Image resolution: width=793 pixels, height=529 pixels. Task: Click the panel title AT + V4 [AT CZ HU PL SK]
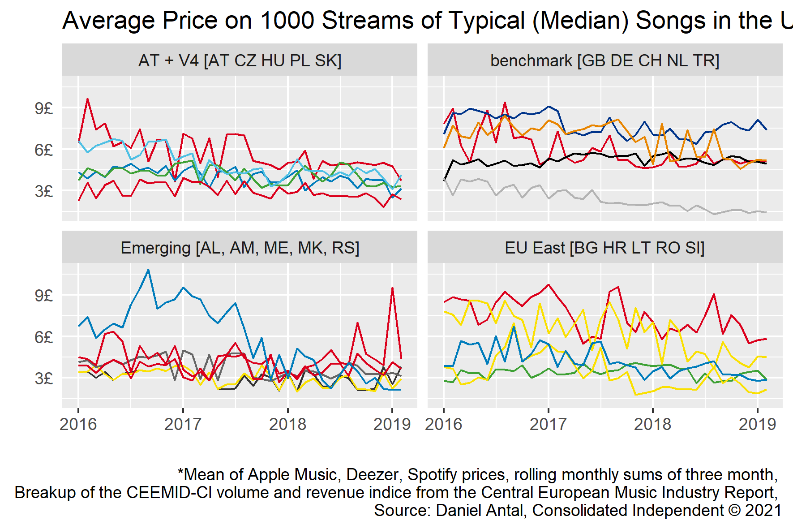[x=240, y=60]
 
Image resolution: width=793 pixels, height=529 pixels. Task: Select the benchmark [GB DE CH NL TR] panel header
[x=604, y=60]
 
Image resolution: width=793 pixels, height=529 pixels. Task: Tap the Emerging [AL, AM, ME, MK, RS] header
[x=240, y=248]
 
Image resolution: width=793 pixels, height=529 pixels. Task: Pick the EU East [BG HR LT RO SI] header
[x=604, y=248]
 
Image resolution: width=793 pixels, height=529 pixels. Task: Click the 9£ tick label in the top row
[x=44, y=108]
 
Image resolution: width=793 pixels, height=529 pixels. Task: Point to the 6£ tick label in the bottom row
[x=44, y=337]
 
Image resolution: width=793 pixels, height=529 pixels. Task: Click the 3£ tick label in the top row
[x=44, y=191]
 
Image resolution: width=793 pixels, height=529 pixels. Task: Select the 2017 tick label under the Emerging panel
[x=183, y=424]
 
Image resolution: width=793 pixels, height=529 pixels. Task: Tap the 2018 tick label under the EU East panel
[x=652, y=424]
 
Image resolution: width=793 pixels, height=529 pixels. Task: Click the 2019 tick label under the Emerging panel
[x=392, y=424]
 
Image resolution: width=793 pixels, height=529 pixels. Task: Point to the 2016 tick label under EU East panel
[x=443, y=424]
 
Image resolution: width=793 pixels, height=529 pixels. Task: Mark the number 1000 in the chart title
[x=287, y=21]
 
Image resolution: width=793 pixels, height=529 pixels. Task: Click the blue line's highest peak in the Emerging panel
[x=148, y=270]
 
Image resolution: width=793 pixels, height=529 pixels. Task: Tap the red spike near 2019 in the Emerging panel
[x=392, y=288]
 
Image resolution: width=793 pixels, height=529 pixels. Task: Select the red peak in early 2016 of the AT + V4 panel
[x=87, y=99]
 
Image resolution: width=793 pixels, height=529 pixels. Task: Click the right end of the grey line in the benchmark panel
[x=766, y=212]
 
